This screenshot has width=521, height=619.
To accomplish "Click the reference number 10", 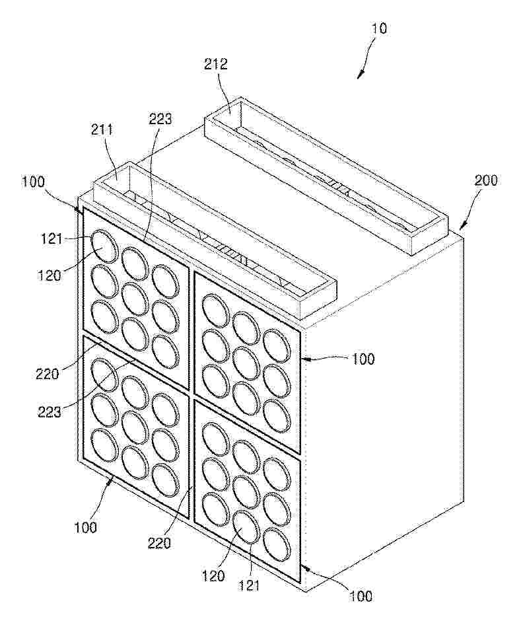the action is click(379, 28).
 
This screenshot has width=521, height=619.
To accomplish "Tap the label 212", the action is click(216, 64).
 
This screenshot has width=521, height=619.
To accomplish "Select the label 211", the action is click(102, 130).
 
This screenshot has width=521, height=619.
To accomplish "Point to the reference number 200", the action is click(486, 180).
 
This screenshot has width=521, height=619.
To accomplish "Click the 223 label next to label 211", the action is click(160, 119).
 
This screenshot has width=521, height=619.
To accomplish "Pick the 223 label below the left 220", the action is click(50, 412).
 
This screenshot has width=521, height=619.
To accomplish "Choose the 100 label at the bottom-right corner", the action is click(361, 596).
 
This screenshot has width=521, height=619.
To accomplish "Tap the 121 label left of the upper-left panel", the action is click(52, 239).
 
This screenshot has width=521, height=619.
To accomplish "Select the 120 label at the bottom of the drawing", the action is click(213, 576).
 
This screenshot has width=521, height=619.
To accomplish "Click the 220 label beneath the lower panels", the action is click(159, 544).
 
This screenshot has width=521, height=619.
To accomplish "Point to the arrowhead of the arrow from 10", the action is click(359, 75).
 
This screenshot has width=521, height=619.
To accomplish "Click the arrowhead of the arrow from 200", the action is click(461, 228).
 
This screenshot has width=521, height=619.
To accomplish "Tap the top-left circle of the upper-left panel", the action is click(104, 246).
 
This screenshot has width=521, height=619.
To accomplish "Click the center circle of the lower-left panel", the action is click(135, 427).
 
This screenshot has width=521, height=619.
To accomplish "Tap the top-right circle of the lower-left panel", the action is click(165, 410).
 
